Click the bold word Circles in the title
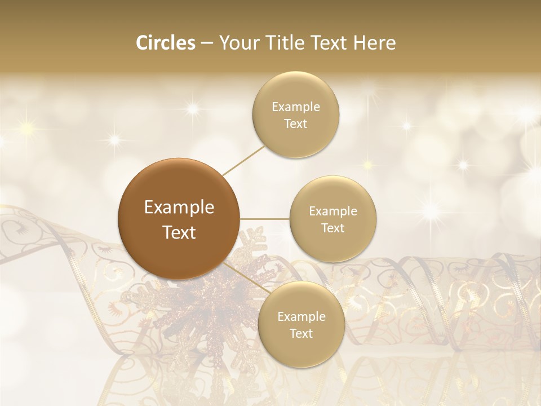point(165,43)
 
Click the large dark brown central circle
point(179,219)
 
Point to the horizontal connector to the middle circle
point(265,219)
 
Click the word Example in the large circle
point(179,208)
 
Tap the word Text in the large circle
point(179,232)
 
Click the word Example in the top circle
point(295,107)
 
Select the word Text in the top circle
point(295,124)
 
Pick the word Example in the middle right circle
point(332,211)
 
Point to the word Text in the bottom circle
point(301,334)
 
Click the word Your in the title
point(238,43)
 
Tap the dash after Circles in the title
point(206,43)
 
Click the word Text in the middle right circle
point(332,228)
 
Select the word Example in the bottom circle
point(301,317)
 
